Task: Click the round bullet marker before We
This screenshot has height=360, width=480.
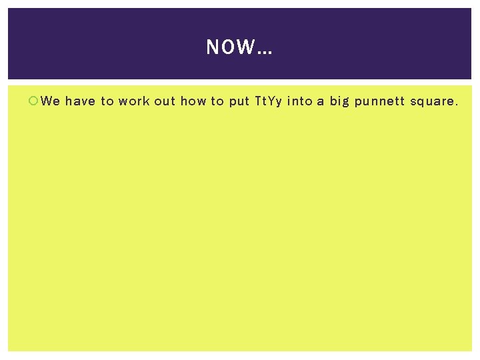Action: pos(34,101)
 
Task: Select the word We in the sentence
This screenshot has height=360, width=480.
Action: pos(51,101)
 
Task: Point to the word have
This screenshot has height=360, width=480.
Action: pos(80,101)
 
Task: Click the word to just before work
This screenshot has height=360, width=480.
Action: pos(107,101)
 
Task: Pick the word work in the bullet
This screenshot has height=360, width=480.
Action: pos(134,101)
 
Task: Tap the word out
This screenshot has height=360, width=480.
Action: pos(164,101)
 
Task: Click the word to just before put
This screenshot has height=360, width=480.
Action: pos(218,101)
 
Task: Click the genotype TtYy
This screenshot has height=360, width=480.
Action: pos(268,102)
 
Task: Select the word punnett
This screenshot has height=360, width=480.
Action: pos(379,102)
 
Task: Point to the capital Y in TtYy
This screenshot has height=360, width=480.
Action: pos(271,101)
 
